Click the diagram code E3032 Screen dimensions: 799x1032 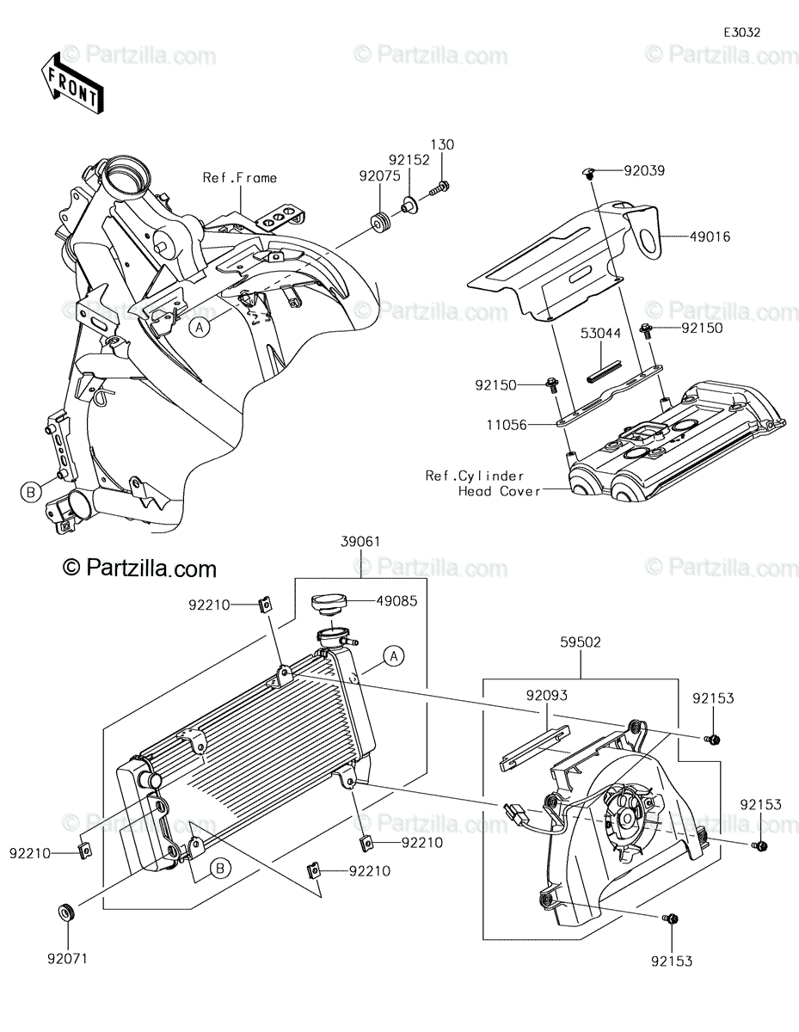click(741, 33)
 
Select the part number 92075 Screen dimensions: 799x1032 click(379, 176)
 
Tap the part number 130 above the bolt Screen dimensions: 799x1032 click(442, 144)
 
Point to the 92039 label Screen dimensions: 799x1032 click(644, 170)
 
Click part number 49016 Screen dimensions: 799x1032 click(710, 236)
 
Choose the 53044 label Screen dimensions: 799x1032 click(600, 333)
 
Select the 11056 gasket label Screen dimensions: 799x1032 click(507, 425)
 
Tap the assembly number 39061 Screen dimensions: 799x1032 click(360, 542)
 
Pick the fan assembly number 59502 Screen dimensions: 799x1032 click(581, 642)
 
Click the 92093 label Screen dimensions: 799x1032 click(546, 695)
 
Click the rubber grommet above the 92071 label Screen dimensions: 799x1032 click(66, 912)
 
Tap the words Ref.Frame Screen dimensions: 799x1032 click(240, 178)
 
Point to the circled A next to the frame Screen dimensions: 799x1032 click(200, 328)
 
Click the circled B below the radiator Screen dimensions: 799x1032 click(220, 869)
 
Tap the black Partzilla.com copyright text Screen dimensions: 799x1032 click(139, 568)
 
